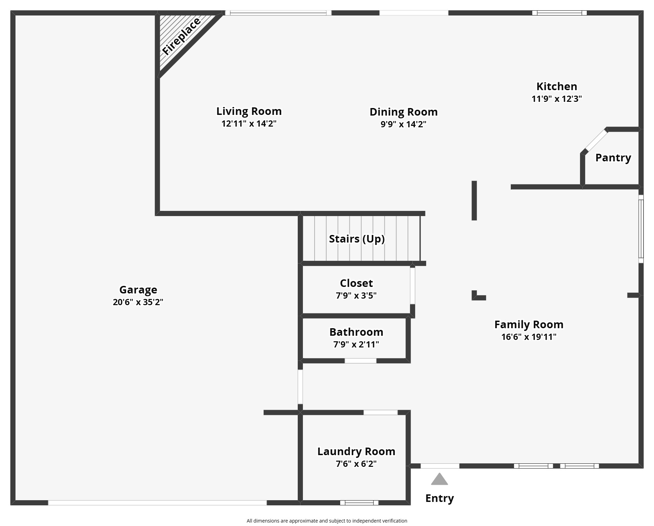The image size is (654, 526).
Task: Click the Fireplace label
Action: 181,36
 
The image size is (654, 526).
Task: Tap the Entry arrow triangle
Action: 439,480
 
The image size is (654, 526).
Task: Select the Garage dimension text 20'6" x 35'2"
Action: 138,302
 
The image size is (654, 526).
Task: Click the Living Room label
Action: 249,111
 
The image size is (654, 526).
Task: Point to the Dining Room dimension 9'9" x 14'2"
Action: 403,124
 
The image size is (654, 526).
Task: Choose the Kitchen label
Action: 557,86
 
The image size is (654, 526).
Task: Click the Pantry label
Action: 613,158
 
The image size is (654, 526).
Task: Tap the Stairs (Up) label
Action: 357,239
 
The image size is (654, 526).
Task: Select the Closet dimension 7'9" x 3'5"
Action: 356,296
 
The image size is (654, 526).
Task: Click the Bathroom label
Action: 356,332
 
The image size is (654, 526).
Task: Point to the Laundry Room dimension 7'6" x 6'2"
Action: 356,464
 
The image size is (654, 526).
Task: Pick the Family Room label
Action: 529,324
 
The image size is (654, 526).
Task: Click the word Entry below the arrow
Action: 440,498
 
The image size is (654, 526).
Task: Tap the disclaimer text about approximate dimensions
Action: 327,521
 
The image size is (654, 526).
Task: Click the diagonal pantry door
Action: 596,140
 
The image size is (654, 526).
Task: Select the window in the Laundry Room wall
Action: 359,503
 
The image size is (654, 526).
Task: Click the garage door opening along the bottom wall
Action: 157,503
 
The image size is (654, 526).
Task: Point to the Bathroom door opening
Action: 360,361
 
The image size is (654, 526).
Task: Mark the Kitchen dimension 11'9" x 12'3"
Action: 557,99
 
